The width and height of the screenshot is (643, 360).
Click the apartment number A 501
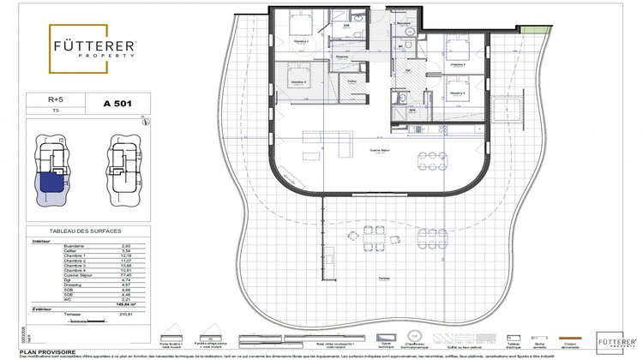pos(117,103)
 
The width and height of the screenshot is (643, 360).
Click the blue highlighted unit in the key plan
pos(50,182)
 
